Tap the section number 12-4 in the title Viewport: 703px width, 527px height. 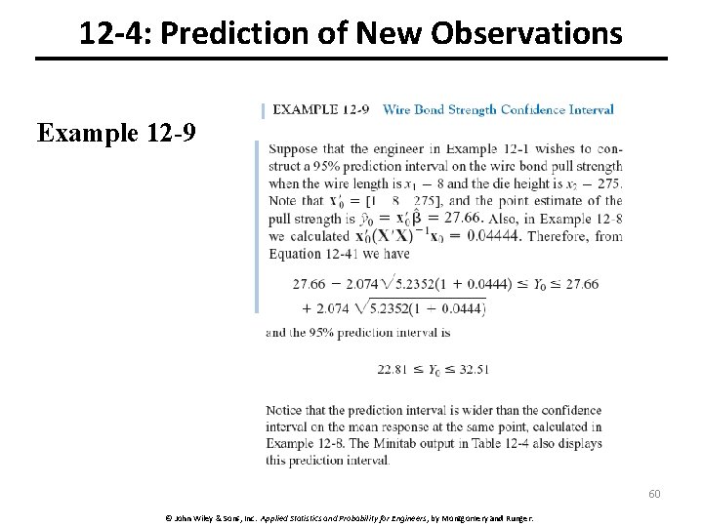pos(110,34)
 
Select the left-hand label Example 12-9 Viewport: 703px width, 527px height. pos(116,132)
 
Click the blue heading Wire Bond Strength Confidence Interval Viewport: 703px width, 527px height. pos(498,109)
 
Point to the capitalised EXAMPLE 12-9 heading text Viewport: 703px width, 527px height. pos(320,109)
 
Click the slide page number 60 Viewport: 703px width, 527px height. pos(654,494)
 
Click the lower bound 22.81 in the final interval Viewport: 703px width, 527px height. pos(393,369)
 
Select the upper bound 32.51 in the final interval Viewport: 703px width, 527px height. pos(472,369)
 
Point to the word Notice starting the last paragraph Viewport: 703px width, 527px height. pos(284,411)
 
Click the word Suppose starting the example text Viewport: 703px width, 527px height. pos(292,148)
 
